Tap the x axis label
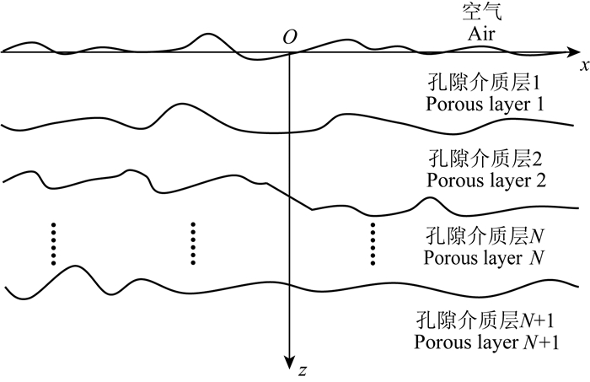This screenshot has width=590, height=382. click(583, 64)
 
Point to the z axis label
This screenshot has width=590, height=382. click(302, 369)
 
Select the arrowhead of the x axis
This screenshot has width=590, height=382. click(582, 52)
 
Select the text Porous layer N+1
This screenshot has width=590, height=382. click(487, 342)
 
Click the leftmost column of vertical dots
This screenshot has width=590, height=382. click(53, 244)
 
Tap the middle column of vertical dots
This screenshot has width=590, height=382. click(193, 244)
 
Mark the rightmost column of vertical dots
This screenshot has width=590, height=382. click(372, 244)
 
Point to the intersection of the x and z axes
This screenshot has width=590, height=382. click(290, 52)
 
